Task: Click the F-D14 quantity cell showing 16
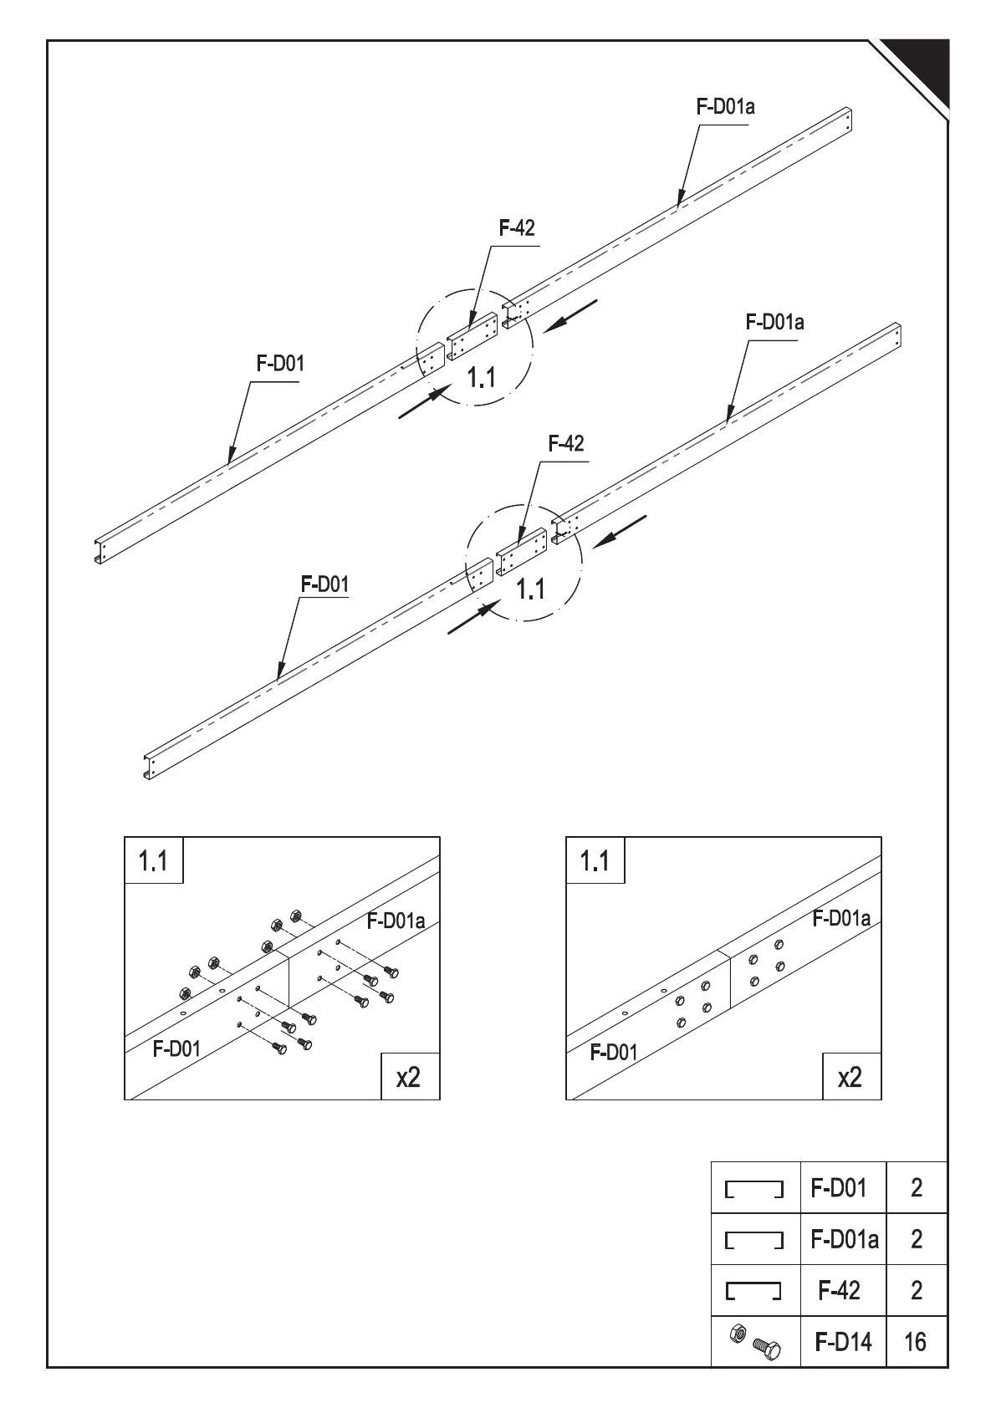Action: tap(916, 1342)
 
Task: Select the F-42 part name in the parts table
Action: tap(839, 1290)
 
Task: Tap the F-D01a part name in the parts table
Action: tap(844, 1238)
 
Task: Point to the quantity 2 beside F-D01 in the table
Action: tap(916, 1187)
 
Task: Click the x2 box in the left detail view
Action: tap(409, 1076)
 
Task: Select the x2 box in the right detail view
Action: tap(850, 1076)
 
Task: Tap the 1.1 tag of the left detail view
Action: tap(153, 860)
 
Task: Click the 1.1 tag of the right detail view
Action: tap(595, 860)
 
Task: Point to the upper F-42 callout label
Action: tap(517, 227)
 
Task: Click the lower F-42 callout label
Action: tap(566, 443)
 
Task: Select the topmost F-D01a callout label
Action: tap(726, 106)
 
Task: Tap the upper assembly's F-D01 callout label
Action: tap(280, 364)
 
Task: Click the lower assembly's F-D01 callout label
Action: tap(324, 584)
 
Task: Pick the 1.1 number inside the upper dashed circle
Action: tap(482, 378)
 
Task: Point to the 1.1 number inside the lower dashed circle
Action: tap(530, 589)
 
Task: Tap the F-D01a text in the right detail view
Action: tap(841, 918)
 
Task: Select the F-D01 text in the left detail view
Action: tap(176, 1048)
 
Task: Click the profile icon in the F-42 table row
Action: tap(753, 1291)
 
